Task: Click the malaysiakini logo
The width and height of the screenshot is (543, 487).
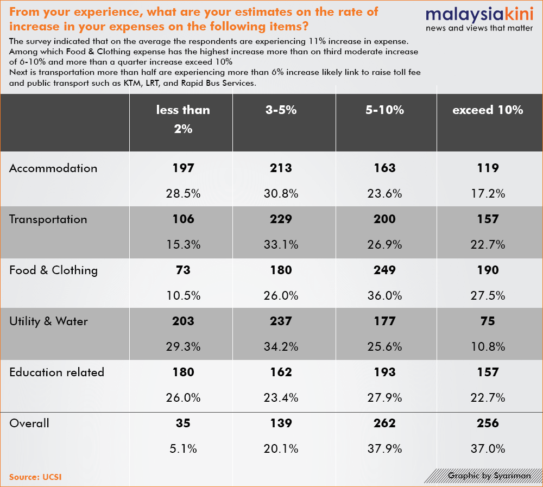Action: coord(479,20)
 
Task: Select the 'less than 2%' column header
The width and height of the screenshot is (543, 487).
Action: coord(183,119)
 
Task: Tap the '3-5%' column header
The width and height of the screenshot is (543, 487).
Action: coord(281,110)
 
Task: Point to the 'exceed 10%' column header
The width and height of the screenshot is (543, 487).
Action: coord(488,110)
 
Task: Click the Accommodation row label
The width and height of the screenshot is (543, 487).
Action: coord(53,168)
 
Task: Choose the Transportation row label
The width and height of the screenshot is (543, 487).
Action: coord(48,219)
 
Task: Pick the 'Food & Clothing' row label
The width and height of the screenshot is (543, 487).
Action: coord(53,270)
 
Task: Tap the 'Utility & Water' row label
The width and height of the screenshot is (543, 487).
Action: coord(48,321)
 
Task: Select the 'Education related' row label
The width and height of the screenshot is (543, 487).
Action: coord(57,372)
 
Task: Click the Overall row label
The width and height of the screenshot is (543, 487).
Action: coord(29,423)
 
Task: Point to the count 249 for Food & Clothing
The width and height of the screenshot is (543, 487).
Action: coord(384,270)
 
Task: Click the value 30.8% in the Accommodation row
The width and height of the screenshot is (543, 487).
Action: coord(281,193)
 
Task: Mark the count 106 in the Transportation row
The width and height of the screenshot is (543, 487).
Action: coord(183,219)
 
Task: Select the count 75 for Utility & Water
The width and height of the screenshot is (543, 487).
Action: coord(488,321)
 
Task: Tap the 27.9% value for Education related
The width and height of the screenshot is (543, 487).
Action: coord(384,397)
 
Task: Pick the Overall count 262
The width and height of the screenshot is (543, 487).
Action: coord(384,423)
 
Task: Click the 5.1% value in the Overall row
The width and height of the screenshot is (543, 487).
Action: coord(183,448)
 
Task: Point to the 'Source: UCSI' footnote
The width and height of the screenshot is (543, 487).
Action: coord(35,477)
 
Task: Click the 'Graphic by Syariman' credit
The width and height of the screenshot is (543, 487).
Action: coord(489,476)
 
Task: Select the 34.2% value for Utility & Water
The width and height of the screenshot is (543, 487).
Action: coord(281,346)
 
